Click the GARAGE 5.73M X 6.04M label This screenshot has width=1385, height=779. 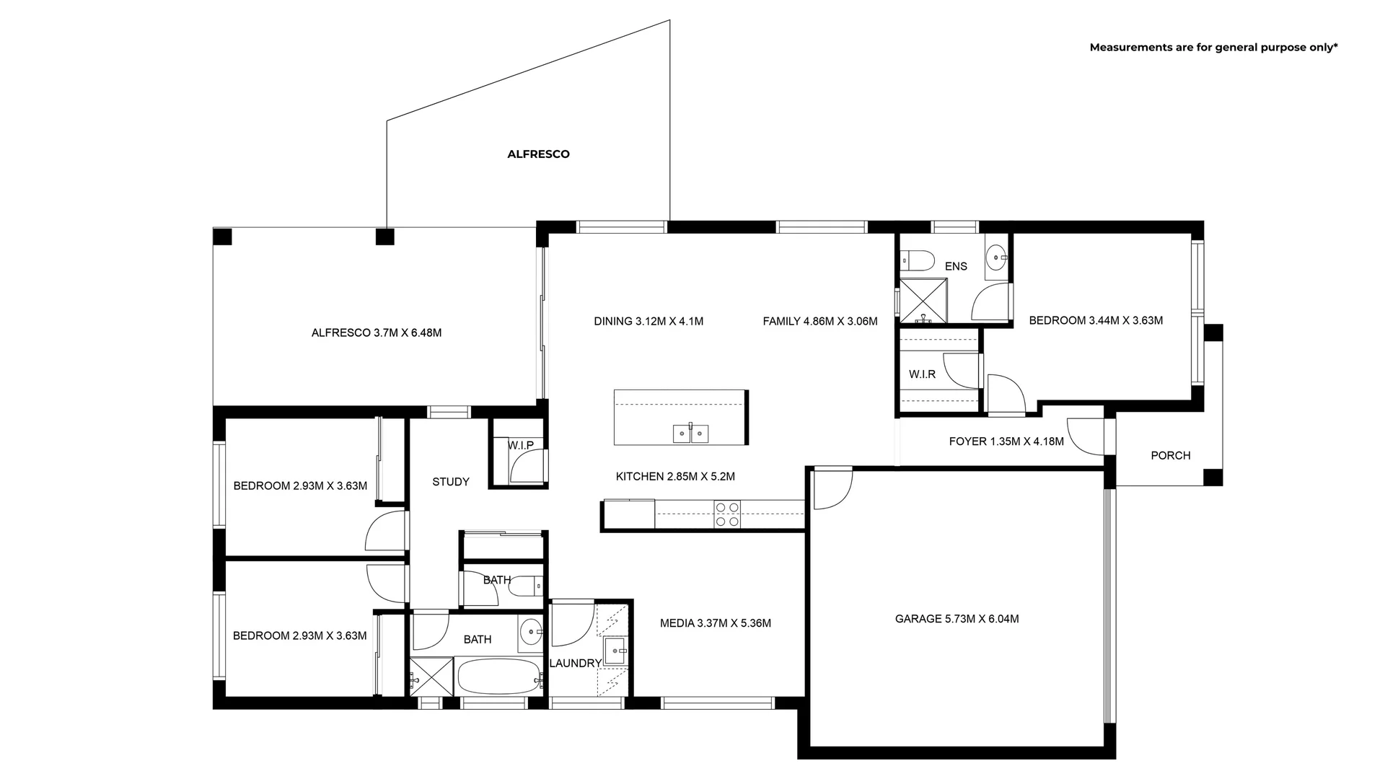point(957,619)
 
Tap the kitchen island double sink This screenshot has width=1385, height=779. point(690,433)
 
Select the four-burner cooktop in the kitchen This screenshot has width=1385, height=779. point(726,513)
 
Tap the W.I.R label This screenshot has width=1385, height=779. point(922,374)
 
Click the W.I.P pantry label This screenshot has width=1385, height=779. point(520,445)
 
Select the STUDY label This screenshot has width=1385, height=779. point(451,482)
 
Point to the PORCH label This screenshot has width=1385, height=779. point(1170,455)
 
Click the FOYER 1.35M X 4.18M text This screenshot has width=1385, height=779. point(1006,441)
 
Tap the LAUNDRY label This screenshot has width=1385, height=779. point(575,663)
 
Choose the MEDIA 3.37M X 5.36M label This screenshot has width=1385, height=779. point(715,623)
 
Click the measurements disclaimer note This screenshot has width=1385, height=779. point(1213,48)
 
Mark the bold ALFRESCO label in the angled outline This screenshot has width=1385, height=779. point(538,154)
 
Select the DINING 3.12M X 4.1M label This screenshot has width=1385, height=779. point(648,321)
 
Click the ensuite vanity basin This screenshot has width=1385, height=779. point(996,256)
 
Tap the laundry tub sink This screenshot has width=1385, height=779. point(615,650)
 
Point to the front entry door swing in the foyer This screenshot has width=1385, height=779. point(1085,437)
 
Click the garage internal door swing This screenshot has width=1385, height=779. point(831,489)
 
